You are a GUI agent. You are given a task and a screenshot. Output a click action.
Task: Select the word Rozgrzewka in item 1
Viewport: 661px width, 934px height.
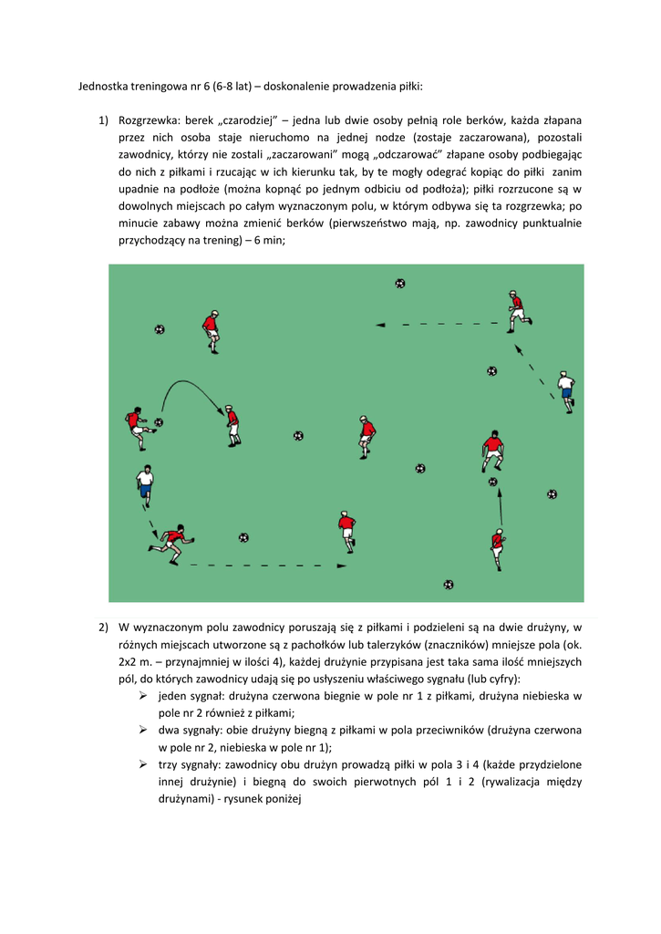(150, 120)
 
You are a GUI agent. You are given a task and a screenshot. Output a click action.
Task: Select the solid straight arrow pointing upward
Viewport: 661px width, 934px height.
(500, 506)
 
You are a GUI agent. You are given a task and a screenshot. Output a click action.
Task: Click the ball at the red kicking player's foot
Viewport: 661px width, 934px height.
(159, 422)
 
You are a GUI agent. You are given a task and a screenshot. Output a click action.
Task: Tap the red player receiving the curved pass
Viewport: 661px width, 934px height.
(233, 423)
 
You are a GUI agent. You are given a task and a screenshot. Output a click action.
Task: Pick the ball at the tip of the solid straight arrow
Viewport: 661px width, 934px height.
(493, 481)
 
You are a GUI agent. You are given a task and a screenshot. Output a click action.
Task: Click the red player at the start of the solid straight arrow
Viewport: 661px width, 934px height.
(497, 547)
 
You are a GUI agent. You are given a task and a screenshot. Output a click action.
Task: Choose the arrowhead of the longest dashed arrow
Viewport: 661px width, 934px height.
(341, 566)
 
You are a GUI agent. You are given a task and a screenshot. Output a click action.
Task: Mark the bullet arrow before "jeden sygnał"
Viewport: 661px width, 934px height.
(143, 696)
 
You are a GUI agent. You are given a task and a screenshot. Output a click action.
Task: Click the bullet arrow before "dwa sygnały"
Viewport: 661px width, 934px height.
(143, 730)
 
